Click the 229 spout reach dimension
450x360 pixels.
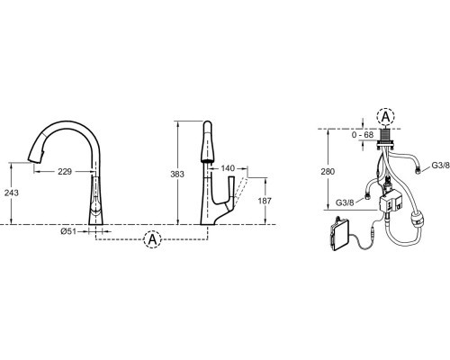65,172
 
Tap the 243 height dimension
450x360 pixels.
12,193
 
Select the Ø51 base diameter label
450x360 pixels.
68,231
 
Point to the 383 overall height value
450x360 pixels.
177,175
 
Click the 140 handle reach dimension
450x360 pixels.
228,168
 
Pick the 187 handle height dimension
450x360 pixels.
265,201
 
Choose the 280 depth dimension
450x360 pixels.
328,172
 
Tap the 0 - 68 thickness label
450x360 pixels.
363,135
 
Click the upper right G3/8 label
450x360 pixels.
440,165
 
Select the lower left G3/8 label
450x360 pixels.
345,202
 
